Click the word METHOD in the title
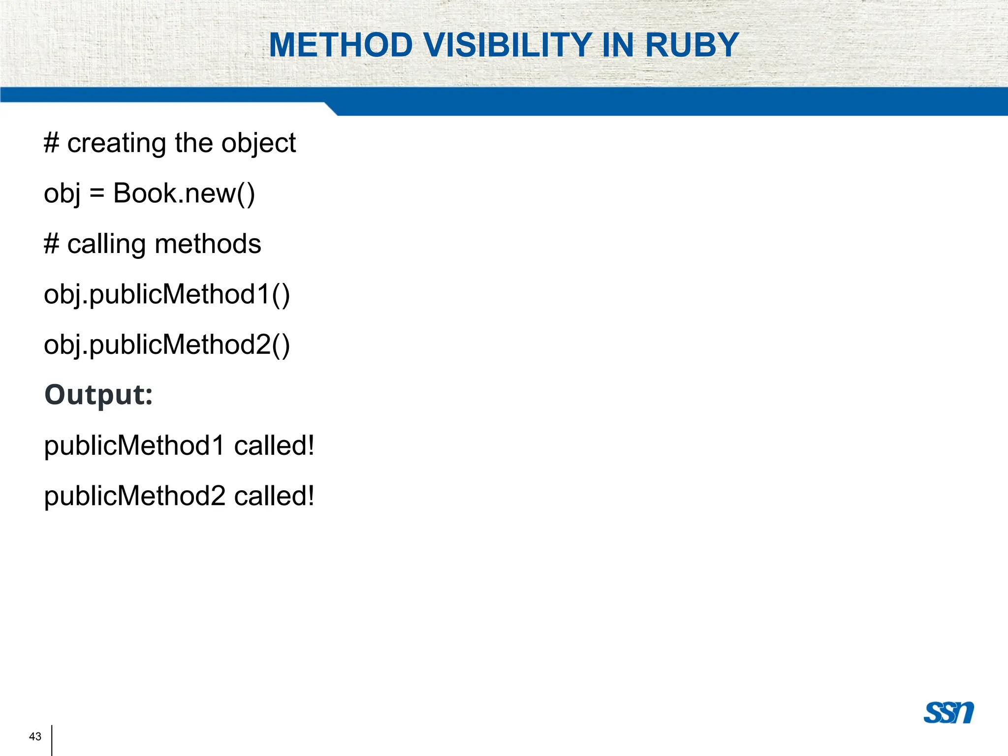341,45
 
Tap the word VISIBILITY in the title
507,45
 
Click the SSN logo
948,712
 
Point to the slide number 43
35,736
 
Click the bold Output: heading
98,395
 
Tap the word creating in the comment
116,144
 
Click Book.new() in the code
184,193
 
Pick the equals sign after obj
97,193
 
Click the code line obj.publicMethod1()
167,294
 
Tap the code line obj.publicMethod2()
167,345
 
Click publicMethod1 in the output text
134,446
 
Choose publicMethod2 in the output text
134,496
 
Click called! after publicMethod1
274,446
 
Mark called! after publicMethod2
274,496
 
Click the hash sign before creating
51,144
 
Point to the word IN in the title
618,45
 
